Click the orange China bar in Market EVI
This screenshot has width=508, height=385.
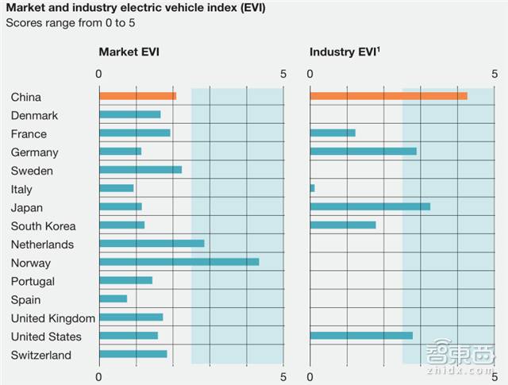tap(137, 96)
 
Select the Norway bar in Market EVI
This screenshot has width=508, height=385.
tap(179, 262)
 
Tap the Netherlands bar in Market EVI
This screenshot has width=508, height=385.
tap(152, 244)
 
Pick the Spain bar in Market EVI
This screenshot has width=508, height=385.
tap(113, 299)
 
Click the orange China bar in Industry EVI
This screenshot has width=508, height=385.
tap(388, 96)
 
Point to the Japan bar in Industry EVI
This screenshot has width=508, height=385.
tap(370, 206)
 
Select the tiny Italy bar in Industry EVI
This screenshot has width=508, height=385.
tap(312, 188)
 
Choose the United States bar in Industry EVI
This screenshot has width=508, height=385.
tap(361, 336)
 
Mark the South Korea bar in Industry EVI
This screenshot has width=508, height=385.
tap(342, 225)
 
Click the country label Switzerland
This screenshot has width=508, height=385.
tap(41, 355)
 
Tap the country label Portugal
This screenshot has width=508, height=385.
tap(33, 281)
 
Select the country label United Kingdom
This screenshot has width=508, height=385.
tap(53, 318)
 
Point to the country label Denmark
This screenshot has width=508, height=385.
tap(34, 115)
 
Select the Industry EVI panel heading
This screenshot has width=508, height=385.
tap(344, 52)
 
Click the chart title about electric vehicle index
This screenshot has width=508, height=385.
tap(136, 8)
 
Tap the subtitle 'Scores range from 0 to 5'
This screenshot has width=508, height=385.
tap(70, 22)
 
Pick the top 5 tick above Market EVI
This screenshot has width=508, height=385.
tap(283, 73)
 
